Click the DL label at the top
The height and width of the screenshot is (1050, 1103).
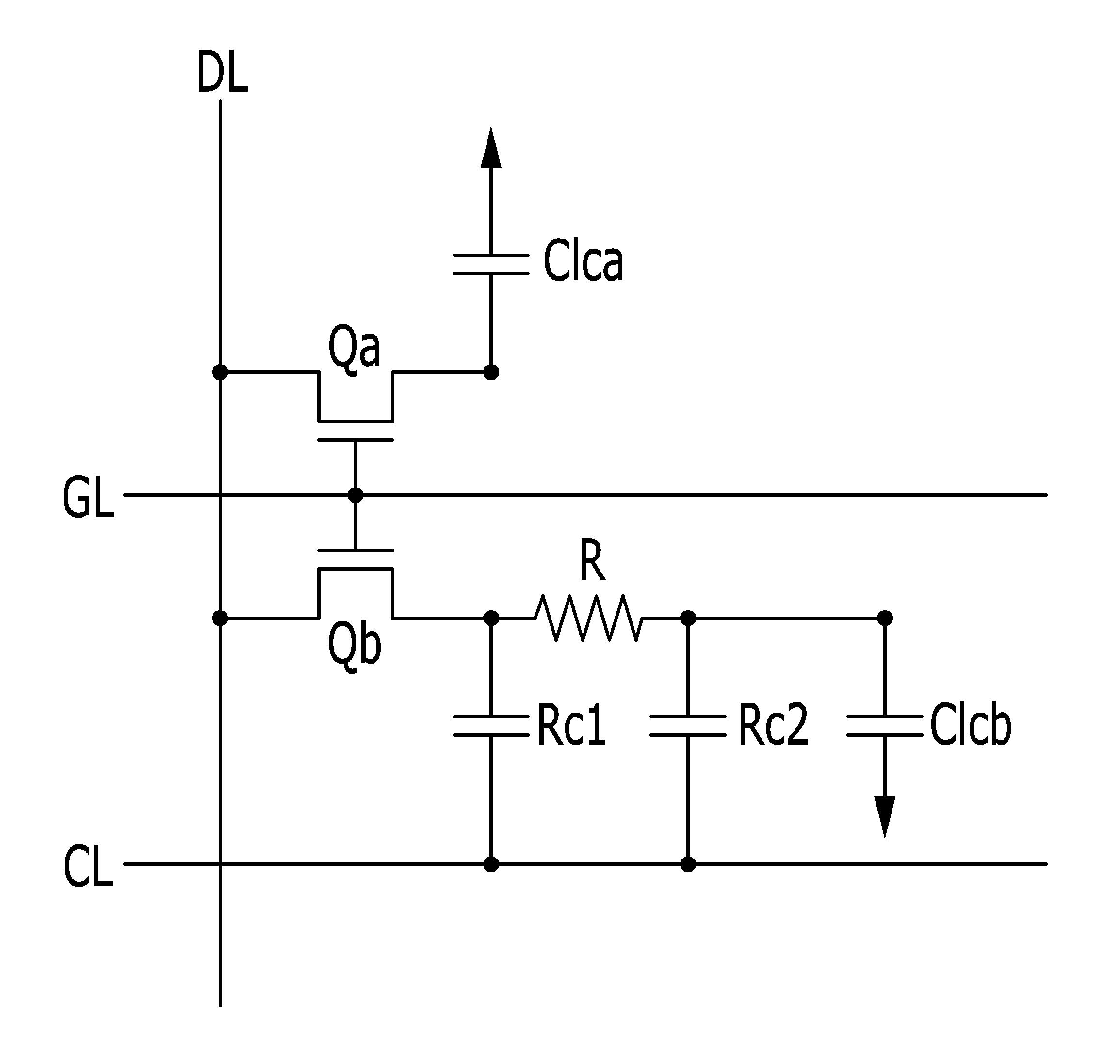(222, 72)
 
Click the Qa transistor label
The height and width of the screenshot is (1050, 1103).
(354, 349)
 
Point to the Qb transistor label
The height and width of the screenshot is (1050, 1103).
(355, 647)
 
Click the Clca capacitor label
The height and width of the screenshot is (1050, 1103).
(583, 261)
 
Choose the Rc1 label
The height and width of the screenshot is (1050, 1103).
(571, 726)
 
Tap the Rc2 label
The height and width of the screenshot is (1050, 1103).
(773, 726)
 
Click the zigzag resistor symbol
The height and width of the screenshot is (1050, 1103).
(589, 618)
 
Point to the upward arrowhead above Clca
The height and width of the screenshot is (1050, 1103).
(491, 147)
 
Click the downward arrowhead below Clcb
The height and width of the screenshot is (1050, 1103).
(885, 818)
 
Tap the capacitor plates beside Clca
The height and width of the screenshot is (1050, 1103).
(491, 264)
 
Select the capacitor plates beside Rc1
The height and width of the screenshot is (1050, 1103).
(491, 725)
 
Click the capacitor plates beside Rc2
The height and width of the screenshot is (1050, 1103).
(687, 725)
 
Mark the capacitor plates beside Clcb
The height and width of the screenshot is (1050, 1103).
(885, 725)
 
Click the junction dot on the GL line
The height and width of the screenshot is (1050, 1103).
(356, 495)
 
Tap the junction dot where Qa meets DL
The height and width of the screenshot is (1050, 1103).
(221, 372)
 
